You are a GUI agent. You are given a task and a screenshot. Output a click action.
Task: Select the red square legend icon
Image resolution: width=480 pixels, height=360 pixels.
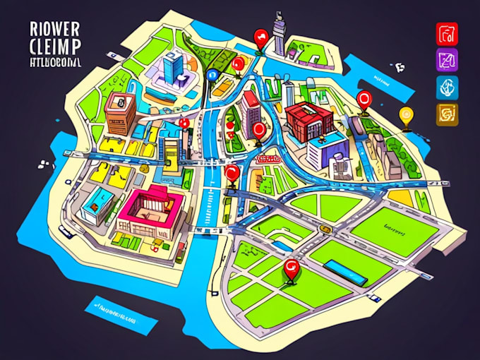point(448,33)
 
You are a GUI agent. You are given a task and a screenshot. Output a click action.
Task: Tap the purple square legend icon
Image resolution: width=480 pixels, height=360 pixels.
point(448,60)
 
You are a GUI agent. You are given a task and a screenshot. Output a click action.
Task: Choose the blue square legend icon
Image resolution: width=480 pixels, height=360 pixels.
point(448,87)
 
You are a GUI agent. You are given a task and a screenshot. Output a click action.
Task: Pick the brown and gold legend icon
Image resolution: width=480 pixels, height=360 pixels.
point(448,113)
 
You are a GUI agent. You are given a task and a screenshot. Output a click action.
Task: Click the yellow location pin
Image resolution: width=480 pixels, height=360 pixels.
point(405,114)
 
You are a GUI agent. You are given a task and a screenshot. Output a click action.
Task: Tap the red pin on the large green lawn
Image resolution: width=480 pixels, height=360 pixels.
point(288,267)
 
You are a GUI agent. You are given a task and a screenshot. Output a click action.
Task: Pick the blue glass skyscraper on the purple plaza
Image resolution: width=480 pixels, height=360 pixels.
point(172,69)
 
